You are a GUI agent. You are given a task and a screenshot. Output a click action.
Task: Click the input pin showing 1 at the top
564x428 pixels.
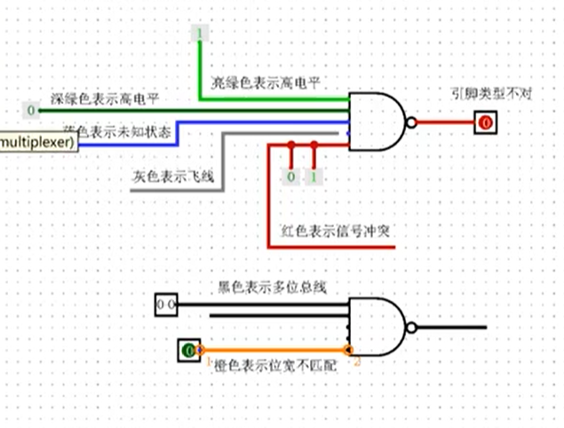(x=200, y=34)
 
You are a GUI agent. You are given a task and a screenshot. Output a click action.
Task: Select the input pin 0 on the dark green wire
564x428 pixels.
(x=32, y=110)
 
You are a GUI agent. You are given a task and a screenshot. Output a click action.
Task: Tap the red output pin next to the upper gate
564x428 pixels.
(x=484, y=123)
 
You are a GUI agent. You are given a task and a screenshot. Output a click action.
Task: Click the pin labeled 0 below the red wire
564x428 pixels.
(x=291, y=177)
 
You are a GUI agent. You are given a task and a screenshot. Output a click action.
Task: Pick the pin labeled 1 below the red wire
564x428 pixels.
(x=313, y=177)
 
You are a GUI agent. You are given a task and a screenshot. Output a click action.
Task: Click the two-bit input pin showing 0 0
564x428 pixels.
(x=166, y=305)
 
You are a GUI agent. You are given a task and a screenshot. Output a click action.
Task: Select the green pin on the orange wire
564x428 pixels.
(x=188, y=351)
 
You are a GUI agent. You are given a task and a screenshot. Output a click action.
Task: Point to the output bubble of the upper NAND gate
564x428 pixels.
(x=410, y=123)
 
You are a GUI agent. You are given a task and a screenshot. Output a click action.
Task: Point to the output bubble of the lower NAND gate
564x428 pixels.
(x=410, y=327)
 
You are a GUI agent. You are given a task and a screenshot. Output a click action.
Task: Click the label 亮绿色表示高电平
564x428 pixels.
(x=265, y=83)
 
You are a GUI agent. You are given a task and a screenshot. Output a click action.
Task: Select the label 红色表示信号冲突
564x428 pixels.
(x=337, y=231)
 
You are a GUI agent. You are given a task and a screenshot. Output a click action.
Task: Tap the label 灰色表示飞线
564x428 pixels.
(x=181, y=177)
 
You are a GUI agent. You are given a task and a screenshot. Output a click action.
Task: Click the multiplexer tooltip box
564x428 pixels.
(x=37, y=141)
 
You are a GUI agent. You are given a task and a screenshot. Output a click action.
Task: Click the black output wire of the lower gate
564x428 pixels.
(x=453, y=327)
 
